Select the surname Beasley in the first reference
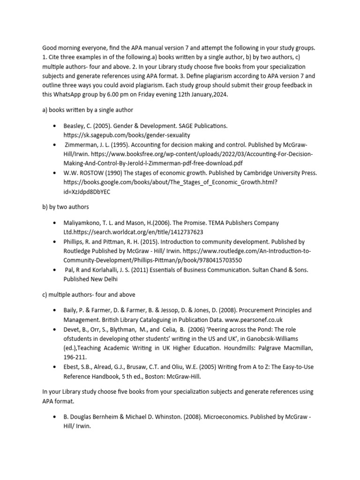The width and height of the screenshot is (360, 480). tap(75, 127)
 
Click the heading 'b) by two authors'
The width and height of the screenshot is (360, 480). tap(66, 207)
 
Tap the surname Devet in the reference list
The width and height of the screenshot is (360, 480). tap(72, 329)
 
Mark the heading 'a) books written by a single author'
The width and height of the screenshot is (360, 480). tap(88, 110)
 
